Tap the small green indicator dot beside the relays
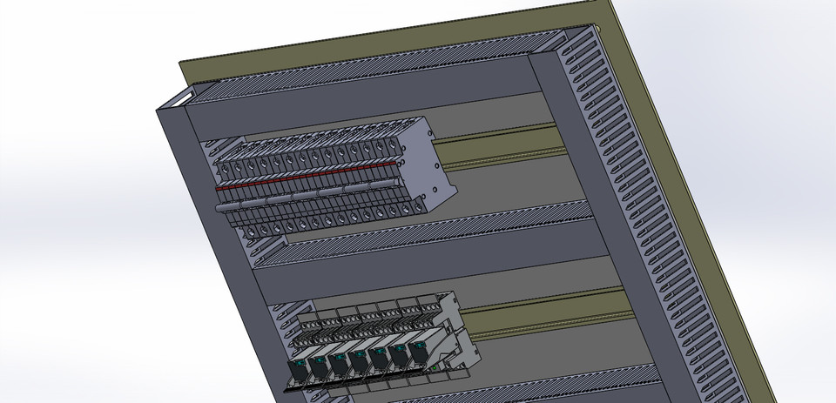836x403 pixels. (435, 367)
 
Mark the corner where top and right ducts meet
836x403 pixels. (557, 48)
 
